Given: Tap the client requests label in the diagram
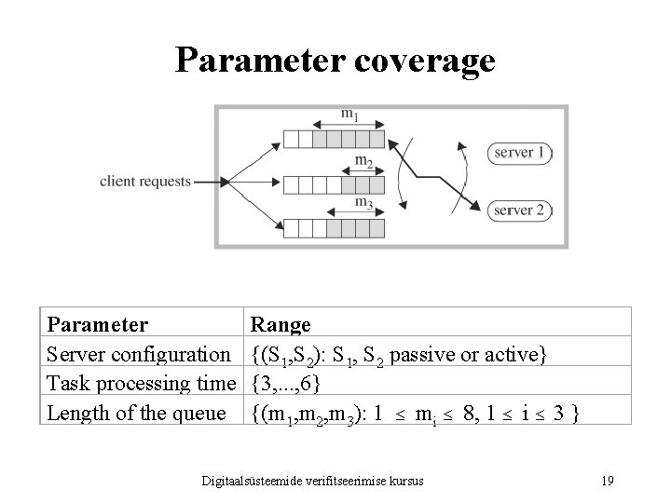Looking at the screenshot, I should (145, 181).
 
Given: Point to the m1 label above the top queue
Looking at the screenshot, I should (349, 116).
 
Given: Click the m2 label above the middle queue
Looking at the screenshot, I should (364, 160).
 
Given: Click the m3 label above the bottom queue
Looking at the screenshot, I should (364, 202).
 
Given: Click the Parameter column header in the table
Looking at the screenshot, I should (97, 325).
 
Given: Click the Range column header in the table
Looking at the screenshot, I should (281, 325).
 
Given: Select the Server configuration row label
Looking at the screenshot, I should (139, 354).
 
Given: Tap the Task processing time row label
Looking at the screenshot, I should (141, 383).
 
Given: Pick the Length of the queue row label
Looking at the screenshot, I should (136, 412).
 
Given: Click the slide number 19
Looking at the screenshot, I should (607, 481).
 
